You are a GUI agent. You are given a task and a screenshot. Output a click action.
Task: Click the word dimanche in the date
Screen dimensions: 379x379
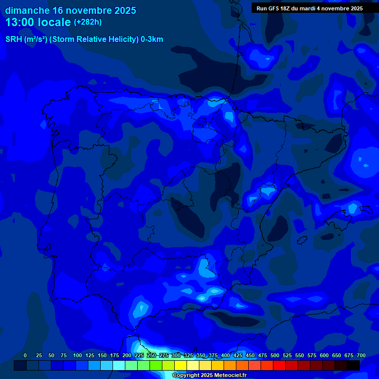click(x=27, y=10)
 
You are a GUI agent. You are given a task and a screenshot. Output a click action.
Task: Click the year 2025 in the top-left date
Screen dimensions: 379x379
click(x=124, y=10)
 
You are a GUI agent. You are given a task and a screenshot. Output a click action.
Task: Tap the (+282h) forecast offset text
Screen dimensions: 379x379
click(x=87, y=22)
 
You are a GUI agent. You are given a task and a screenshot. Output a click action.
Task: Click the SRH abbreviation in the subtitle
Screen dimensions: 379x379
click(x=13, y=39)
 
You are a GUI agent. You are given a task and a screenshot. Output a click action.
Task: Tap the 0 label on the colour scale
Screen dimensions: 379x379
click(x=25, y=355)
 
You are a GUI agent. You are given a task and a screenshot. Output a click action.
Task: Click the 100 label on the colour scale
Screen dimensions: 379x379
click(x=77, y=355)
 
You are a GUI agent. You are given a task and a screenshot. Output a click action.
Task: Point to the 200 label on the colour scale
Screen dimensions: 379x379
click(x=127, y=355)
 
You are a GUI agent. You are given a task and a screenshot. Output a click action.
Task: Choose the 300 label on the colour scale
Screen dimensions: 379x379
click(x=176, y=355)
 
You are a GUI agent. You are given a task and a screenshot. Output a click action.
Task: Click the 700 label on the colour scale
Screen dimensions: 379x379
click(x=361, y=355)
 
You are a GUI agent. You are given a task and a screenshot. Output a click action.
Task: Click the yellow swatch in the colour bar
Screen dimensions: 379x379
click(x=181, y=366)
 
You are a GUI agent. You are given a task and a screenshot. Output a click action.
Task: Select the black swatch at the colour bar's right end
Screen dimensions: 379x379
click(x=353, y=366)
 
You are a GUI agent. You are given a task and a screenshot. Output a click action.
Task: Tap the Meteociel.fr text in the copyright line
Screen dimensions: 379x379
click(x=230, y=376)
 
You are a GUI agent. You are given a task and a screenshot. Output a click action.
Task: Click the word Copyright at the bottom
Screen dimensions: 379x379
click(x=186, y=376)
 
